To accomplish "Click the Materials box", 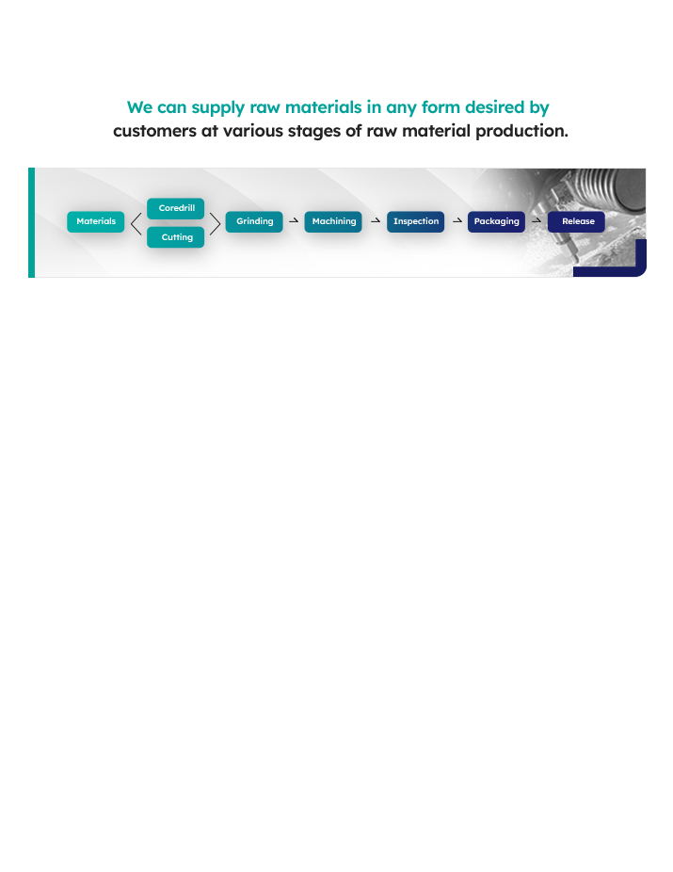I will [95, 221].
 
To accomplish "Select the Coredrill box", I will [176, 208].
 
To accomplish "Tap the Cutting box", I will [176, 237].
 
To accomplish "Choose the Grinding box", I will [254, 221].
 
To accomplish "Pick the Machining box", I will [333, 221].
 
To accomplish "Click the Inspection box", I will [415, 221].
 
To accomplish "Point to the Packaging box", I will [496, 221].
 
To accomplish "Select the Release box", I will [577, 221].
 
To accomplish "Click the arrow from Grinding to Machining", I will [294, 221].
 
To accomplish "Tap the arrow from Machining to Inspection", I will [375, 221].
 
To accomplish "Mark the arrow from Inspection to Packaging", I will [457, 221].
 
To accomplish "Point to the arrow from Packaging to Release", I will [537, 221].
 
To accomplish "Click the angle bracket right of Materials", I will [136, 223].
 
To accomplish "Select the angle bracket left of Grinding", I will [216, 223].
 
